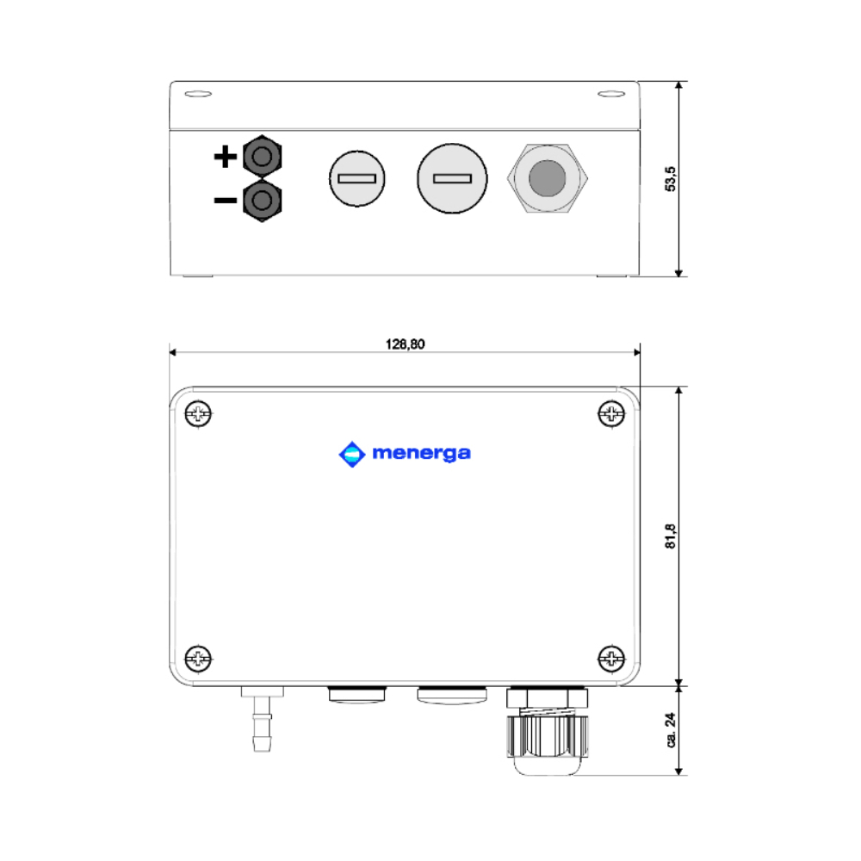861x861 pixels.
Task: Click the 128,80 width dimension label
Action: (x=405, y=344)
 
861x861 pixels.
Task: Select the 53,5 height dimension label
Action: (x=670, y=178)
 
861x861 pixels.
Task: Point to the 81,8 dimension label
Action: (x=670, y=536)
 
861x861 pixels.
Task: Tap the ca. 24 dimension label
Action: (x=670, y=730)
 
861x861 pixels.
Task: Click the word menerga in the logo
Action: (x=421, y=454)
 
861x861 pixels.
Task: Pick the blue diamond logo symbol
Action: (x=352, y=454)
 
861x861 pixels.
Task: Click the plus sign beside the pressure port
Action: (x=225, y=157)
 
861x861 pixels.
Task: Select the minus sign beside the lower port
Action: (x=225, y=201)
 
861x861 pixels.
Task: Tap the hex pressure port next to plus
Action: (x=262, y=157)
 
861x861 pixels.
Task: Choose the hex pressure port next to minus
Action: (x=262, y=200)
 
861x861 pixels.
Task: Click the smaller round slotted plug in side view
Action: (x=357, y=178)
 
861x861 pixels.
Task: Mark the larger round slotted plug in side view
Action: (x=452, y=178)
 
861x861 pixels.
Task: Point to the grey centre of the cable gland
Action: (x=547, y=178)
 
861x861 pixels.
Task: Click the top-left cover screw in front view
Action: (x=198, y=413)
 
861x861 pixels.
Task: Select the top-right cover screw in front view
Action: (x=611, y=413)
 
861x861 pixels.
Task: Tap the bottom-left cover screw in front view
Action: (x=198, y=658)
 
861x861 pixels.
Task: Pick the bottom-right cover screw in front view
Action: (x=611, y=658)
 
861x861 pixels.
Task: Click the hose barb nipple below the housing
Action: (x=262, y=719)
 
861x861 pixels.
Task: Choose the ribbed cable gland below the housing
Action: (x=547, y=730)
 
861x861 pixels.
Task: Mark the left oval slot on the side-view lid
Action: (x=198, y=94)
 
